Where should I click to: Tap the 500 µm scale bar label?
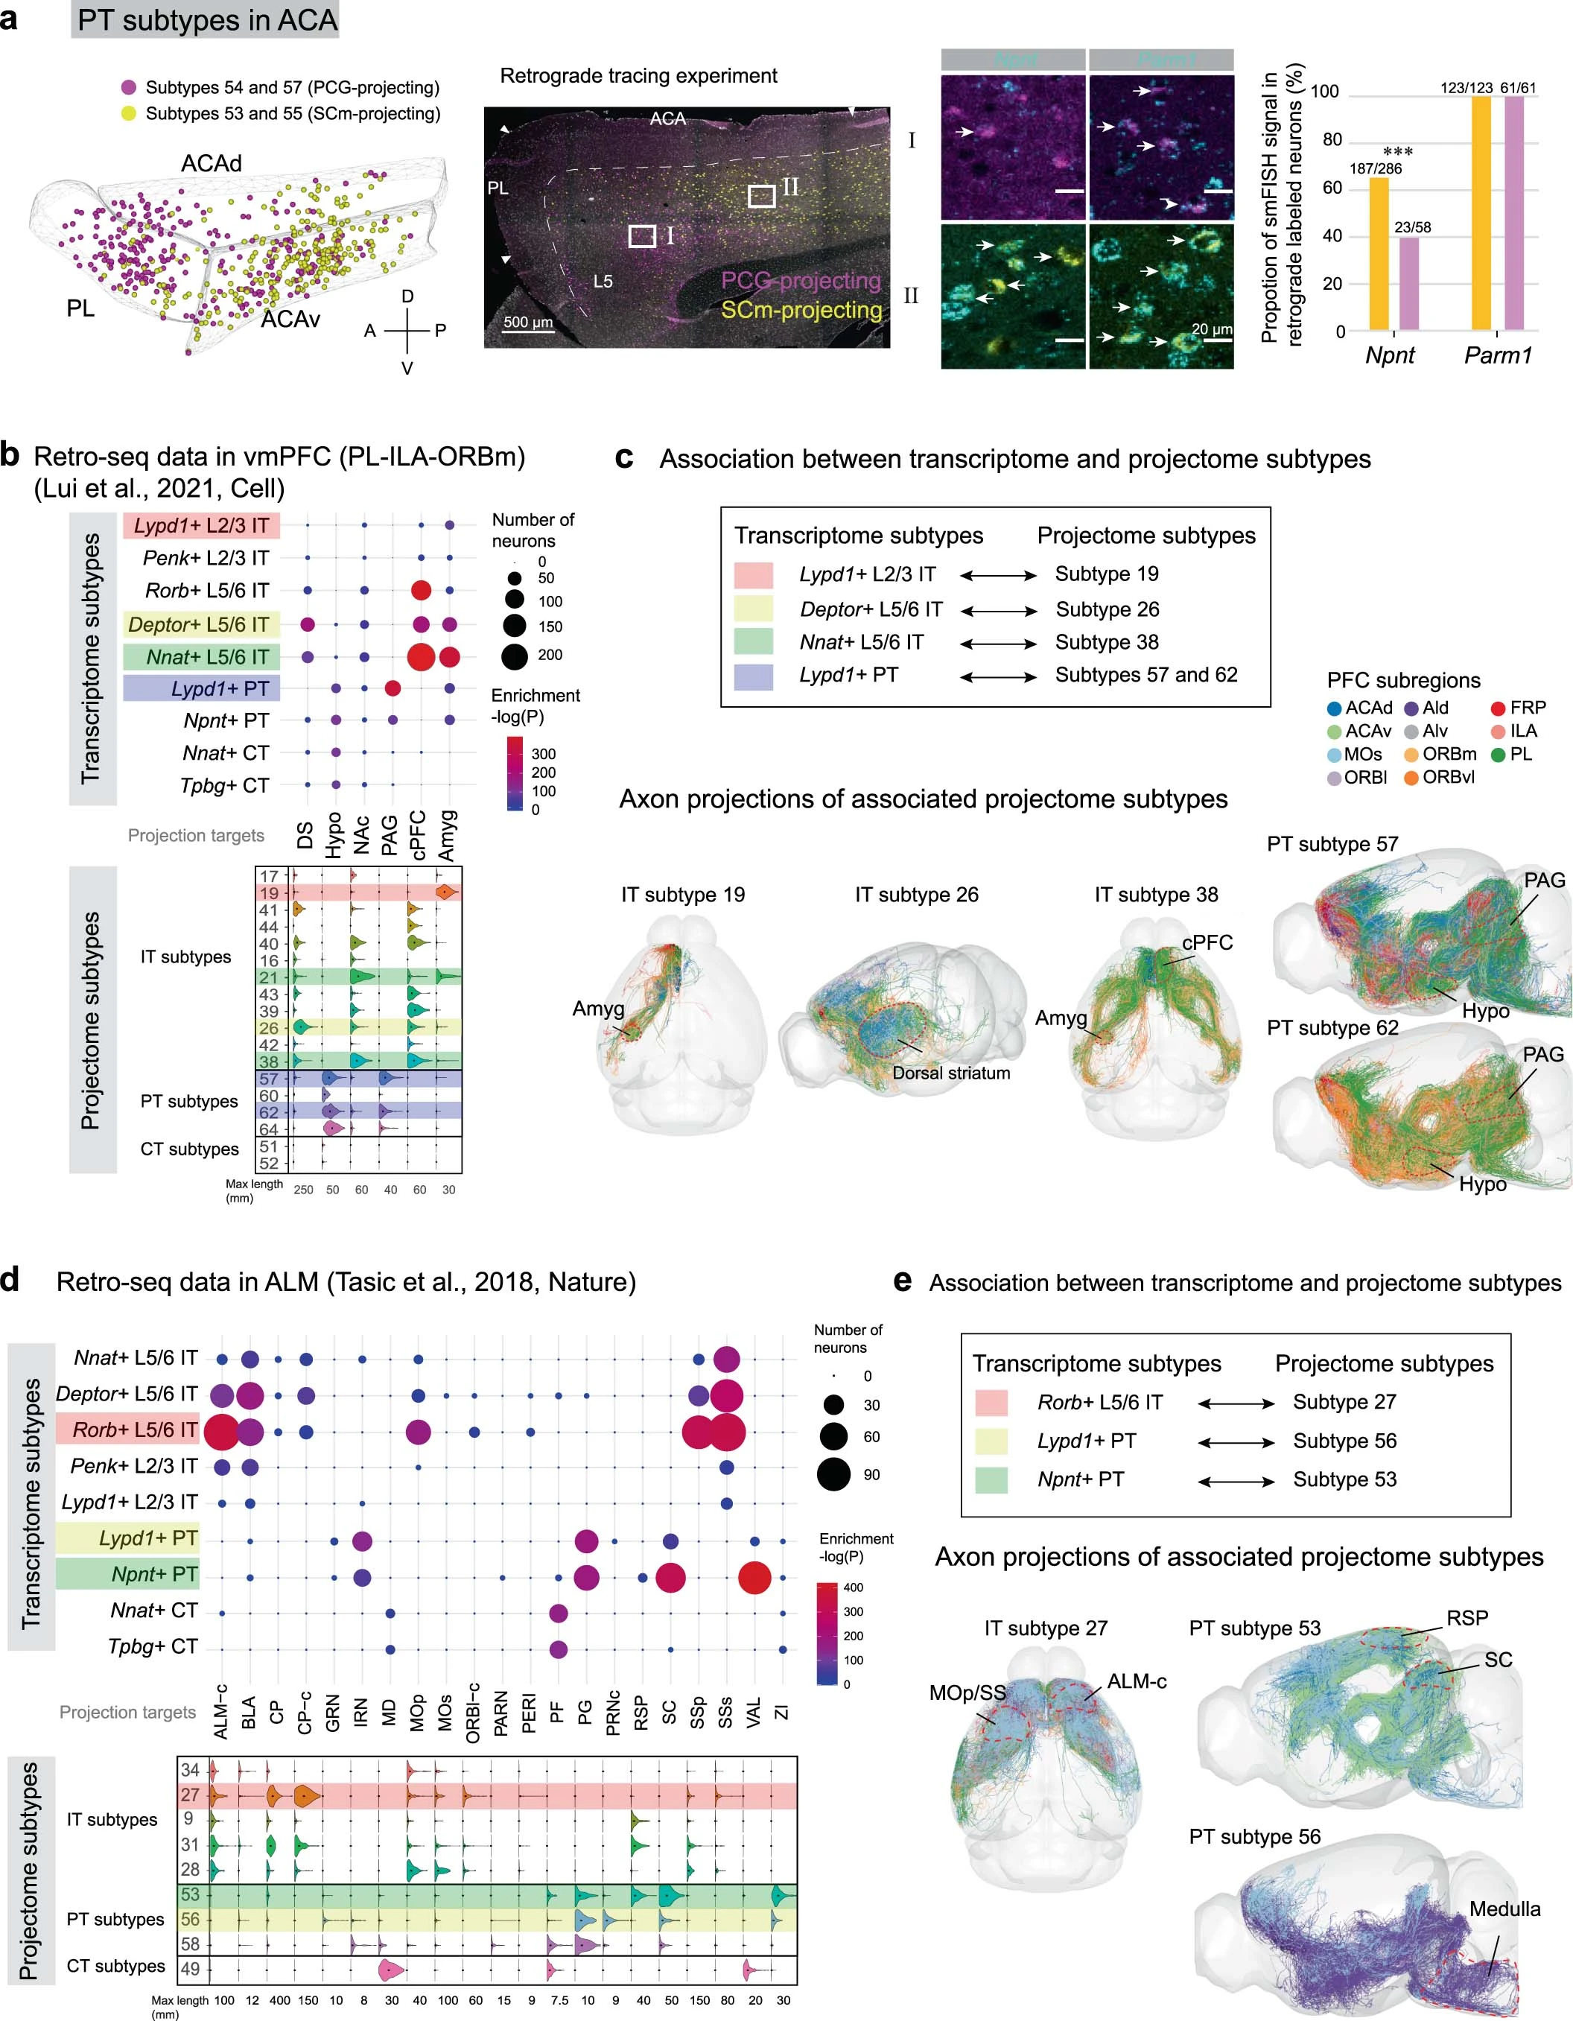click(527, 323)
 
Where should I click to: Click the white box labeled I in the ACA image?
click(642, 236)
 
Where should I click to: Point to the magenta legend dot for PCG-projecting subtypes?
click(129, 88)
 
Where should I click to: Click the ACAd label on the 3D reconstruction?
click(211, 164)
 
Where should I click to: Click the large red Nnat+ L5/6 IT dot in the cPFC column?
click(420, 657)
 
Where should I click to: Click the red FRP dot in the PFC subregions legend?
click(1497, 708)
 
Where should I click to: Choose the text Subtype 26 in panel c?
click(1107, 609)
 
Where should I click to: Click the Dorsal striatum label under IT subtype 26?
click(950, 1073)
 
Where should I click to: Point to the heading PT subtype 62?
click(1332, 1027)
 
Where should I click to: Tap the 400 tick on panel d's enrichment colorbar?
click(852, 1587)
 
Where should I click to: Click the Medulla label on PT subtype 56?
click(1504, 1909)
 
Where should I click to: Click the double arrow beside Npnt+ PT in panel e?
click(1236, 1481)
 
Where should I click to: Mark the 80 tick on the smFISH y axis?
click(1332, 140)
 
